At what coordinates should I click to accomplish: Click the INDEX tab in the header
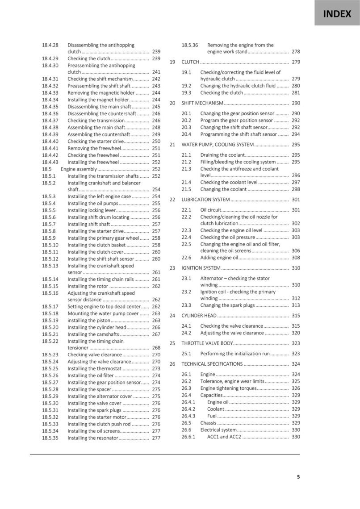coord(337,14)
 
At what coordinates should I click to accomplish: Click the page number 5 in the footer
coord(298,477)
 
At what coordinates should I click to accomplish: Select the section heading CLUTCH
coord(190,62)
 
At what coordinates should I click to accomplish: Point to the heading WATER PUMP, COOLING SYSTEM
coord(218,145)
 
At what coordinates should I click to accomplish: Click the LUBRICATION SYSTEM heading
coord(205,200)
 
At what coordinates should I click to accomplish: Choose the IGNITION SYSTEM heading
coord(201,268)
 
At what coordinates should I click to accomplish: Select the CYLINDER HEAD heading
coord(199,316)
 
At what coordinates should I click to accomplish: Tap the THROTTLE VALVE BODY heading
coord(207,343)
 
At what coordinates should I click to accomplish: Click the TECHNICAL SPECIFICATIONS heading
coord(212,364)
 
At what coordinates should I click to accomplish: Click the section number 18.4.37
coord(50,121)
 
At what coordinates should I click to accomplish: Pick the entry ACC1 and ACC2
coord(224,437)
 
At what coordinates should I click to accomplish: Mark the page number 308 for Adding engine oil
coord(296,258)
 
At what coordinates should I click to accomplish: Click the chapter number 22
coord(172,200)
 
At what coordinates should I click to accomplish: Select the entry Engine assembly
coord(79,169)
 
